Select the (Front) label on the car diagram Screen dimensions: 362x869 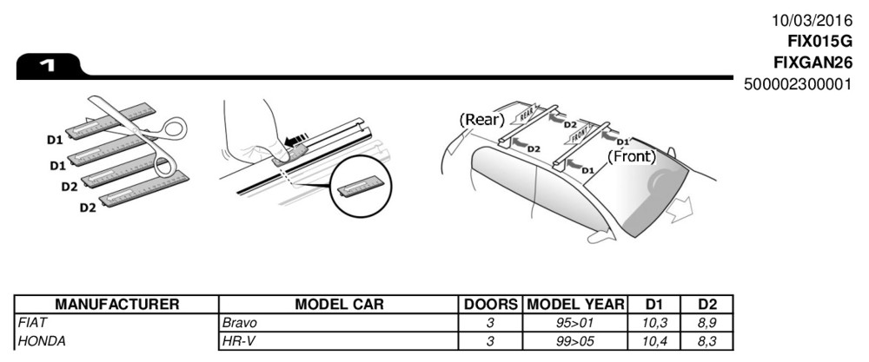point(632,157)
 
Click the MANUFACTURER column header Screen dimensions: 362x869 point(116,305)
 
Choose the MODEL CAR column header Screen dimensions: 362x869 point(339,305)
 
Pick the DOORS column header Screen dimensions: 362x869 point(491,305)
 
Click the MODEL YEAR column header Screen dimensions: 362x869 point(575,305)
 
